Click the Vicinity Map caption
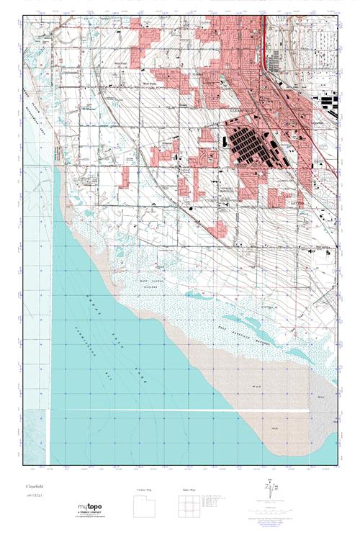coord(145,490)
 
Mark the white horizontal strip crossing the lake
coord(180,411)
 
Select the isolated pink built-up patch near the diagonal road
coord(217,229)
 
